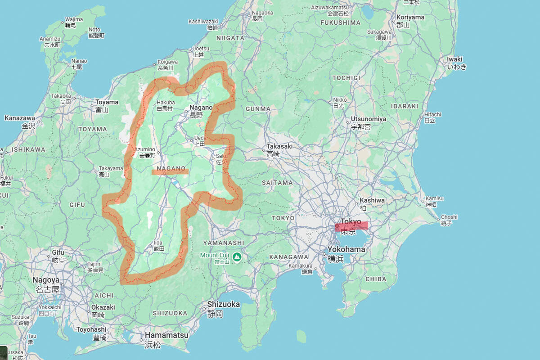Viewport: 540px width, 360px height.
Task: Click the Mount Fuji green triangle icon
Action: click(x=237, y=257)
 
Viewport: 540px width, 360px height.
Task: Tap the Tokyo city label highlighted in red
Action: click(x=351, y=221)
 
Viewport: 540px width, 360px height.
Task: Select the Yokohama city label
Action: click(x=346, y=249)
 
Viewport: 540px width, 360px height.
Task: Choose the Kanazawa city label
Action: click(x=20, y=118)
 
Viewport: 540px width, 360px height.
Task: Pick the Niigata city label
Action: click(x=230, y=38)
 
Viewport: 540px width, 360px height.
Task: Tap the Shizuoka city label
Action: click(x=223, y=304)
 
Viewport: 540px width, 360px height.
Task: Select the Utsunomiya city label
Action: click(x=368, y=119)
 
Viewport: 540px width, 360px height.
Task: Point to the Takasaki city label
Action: click(x=279, y=146)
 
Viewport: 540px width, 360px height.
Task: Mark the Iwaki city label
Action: click(x=454, y=59)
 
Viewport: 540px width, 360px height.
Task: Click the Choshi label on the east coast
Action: click(x=449, y=217)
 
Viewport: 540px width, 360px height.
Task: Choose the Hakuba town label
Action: click(x=166, y=103)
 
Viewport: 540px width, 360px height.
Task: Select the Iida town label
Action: click(x=158, y=243)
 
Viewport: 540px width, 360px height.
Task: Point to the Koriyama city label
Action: click(x=410, y=17)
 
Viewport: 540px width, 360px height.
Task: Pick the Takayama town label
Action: click(x=111, y=168)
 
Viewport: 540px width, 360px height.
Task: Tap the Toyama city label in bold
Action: click(x=107, y=102)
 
